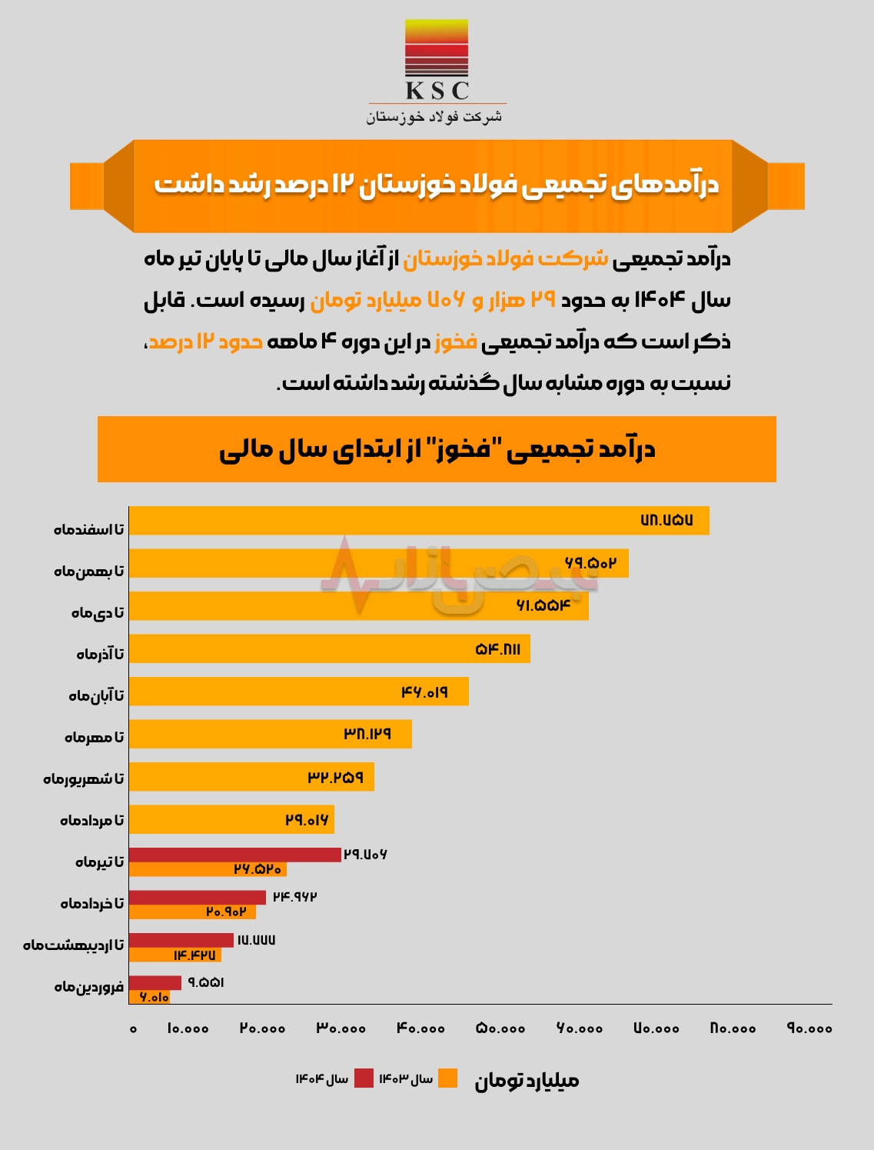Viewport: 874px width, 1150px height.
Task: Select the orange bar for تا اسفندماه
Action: [419, 521]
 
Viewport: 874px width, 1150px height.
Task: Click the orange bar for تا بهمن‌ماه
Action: [378, 563]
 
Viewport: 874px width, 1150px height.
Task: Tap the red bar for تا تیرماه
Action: [234, 855]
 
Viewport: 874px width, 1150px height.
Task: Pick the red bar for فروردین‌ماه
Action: [155, 983]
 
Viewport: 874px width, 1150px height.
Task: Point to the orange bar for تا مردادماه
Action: [231, 820]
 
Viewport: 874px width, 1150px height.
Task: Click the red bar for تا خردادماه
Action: [198, 898]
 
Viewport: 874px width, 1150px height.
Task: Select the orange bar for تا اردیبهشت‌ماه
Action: [175, 955]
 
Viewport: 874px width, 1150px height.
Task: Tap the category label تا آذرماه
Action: [100, 654]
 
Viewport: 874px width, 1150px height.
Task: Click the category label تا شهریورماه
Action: [83, 778]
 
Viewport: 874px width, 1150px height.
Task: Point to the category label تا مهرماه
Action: [94, 737]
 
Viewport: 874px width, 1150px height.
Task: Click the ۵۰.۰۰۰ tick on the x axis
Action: [500, 1028]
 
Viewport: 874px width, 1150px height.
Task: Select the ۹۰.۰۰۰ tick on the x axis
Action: [809, 1028]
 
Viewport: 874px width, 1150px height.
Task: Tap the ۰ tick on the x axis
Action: [133, 1028]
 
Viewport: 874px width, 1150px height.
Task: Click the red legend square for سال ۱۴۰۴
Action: [364, 1078]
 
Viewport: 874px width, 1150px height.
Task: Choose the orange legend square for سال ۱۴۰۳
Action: [447, 1078]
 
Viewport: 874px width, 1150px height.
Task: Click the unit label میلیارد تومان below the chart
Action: [527, 1081]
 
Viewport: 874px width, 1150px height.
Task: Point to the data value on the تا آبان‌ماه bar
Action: [424, 692]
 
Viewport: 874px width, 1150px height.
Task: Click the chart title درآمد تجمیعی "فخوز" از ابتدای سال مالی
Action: [437, 449]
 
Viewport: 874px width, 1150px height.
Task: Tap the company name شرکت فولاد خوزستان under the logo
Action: [434, 117]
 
